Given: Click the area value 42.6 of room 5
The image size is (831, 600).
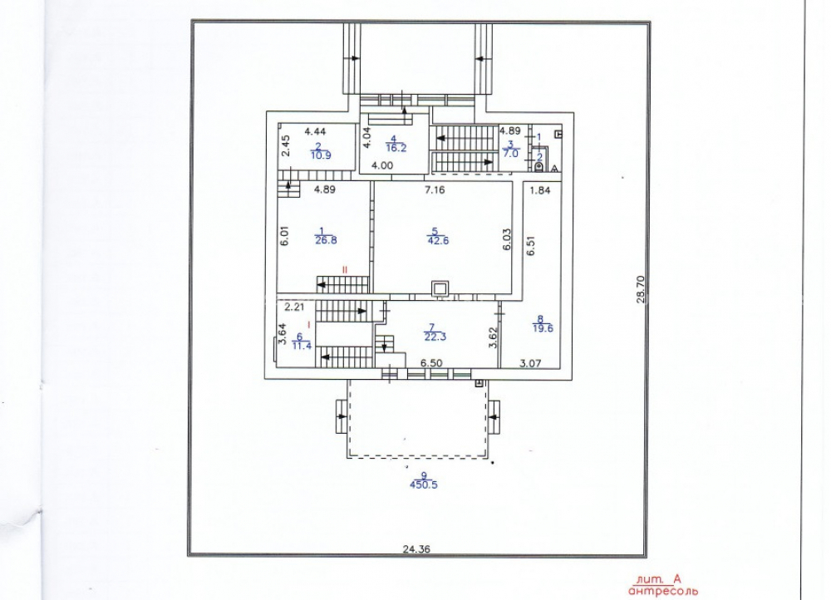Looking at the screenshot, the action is pos(438,241).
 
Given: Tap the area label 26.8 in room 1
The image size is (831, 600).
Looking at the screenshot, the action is pos(326,240).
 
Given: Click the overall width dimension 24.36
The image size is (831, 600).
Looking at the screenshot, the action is pos(416,549).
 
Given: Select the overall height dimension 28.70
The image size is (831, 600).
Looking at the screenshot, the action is pos(640,289).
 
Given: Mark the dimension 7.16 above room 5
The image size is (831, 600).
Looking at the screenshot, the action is pos(435,189).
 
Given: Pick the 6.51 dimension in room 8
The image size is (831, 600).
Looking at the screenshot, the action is pos(531,245).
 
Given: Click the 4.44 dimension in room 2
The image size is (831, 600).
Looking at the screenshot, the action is pos(315,131).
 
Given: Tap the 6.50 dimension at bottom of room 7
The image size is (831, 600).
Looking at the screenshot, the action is pos(431,363).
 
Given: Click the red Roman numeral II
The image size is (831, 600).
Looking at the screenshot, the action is pos(345,270).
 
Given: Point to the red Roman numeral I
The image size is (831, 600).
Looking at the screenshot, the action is pos(309,322).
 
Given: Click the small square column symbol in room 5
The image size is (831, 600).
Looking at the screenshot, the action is pos(440,289).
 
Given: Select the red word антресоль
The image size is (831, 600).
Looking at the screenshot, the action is pos(663,591).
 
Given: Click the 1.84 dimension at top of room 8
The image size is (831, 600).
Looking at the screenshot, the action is pos(540,190).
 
